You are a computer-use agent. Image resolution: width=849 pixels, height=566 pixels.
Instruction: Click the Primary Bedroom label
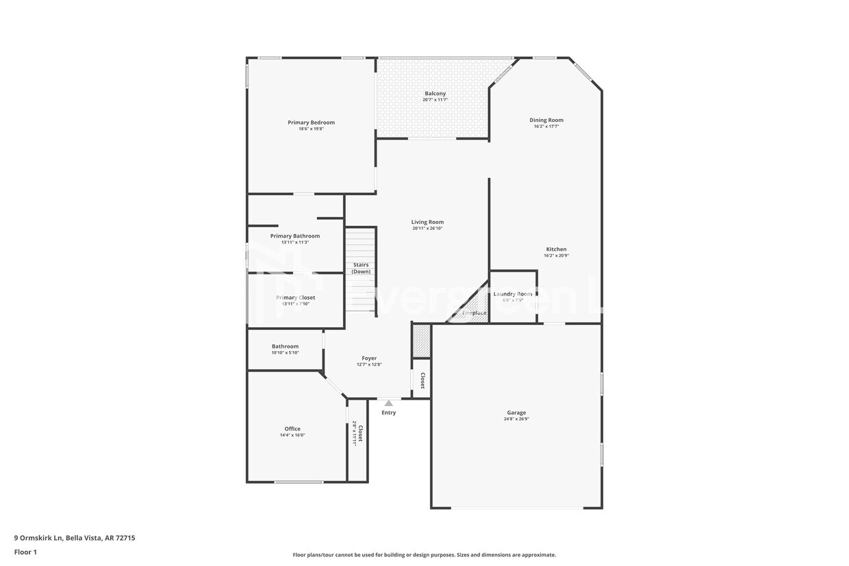click(311, 123)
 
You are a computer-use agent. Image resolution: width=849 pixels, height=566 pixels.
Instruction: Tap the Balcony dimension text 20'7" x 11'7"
click(435, 100)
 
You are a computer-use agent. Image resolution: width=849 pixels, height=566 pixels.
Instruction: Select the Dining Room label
click(546, 120)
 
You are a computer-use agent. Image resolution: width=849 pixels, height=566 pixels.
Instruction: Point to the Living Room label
click(427, 222)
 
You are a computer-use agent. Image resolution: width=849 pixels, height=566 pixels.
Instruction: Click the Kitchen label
click(556, 249)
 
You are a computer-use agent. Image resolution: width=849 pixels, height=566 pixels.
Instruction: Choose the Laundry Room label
click(513, 294)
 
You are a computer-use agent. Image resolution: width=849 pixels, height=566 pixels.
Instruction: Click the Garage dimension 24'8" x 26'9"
click(516, 419)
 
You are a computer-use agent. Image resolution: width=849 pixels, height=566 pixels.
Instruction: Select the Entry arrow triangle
click(389, 403)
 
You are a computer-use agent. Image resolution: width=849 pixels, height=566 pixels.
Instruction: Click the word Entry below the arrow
click(389, 413)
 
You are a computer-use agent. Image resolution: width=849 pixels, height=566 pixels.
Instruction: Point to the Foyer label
click(369, 358)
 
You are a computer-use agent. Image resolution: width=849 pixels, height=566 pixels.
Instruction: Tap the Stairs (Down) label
click(361, 268)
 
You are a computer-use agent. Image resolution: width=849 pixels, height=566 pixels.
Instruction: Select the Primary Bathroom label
click(294, 236)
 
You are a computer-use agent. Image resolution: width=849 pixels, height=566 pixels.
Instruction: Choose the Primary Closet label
click(295, 298)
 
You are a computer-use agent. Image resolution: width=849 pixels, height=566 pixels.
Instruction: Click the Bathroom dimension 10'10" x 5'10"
click(285, 352)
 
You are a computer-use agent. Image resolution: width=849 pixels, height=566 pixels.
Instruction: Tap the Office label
click(292, 429)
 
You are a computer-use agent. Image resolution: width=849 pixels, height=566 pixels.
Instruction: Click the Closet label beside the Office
click(361, 434)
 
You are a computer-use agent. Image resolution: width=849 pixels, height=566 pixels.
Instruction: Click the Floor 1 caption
click(25, 552)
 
